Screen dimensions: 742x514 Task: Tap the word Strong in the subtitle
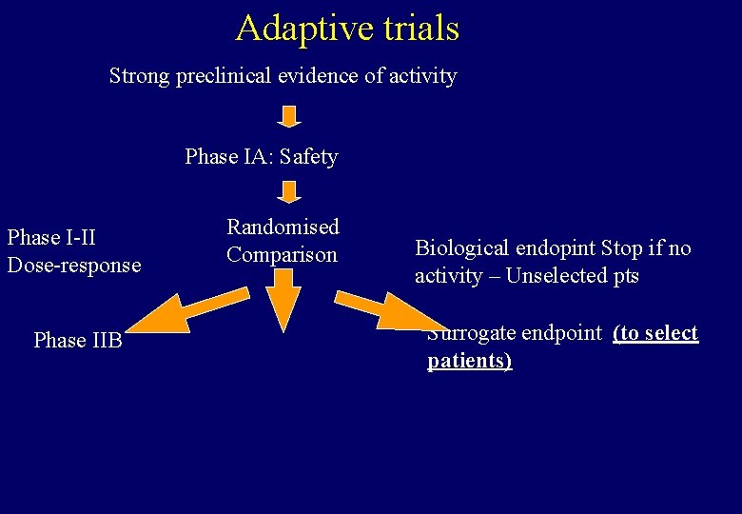pos(140,75)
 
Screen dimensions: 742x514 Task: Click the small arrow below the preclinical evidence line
pos(289,116)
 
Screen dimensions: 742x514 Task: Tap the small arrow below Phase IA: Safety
pos(289,193)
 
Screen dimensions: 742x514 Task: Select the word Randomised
pos(283,227)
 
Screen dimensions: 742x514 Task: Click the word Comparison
pos(282,254)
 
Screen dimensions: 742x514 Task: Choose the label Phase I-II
pos(51,237)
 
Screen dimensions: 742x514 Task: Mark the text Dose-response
pos(74,265)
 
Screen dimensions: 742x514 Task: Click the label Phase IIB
pos(78,340)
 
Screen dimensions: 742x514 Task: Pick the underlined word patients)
pos(469,361)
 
